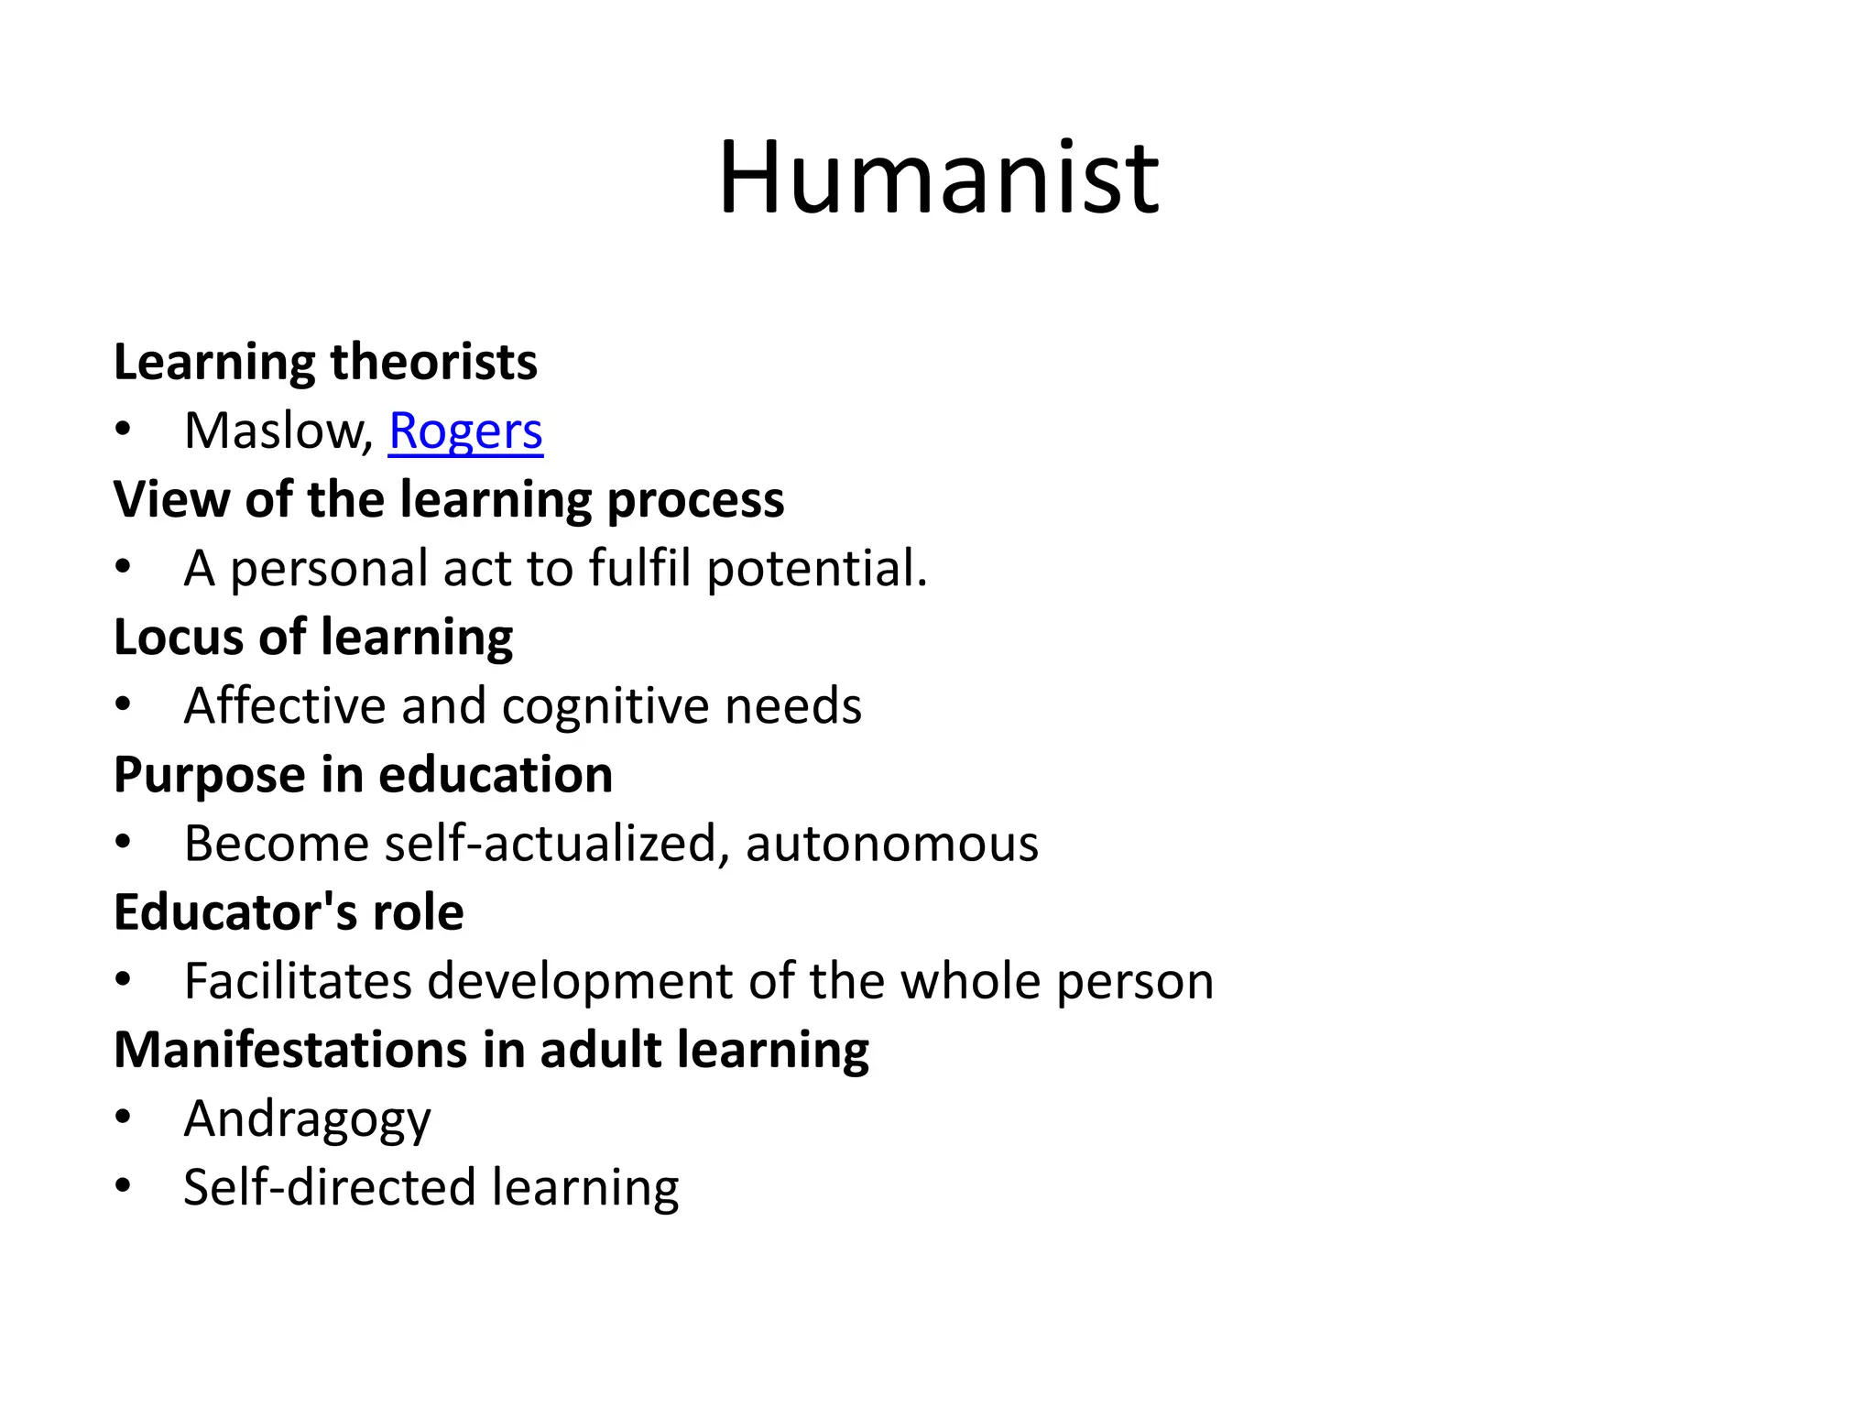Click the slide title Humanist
(x=938, y=178)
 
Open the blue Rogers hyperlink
(x=465, y=431)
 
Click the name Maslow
(x=274, y=431)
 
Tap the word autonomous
(x=891, y=844)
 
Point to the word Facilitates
(x=298, y=981)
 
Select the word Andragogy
(x=307, y=1119)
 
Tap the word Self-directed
(x=329, y=1187)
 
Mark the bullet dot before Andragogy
(x=124, y=1118)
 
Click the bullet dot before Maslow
(x=124, y=430)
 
